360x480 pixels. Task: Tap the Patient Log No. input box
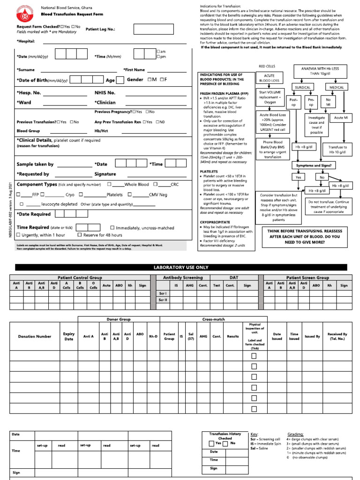(150, 30)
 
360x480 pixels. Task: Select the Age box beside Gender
(120, 80)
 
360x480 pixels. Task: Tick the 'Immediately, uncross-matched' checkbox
(112, 228)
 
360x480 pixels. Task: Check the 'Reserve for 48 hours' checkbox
(80, 235)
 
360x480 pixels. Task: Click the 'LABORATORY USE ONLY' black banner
(180, 267)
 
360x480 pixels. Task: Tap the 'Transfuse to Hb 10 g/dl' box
(337, 150)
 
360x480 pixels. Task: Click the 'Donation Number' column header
(35, 336)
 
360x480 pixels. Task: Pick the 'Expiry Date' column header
(69, 336)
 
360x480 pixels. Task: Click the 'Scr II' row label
(163, 300)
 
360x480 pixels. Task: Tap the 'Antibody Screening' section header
(183, 278)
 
